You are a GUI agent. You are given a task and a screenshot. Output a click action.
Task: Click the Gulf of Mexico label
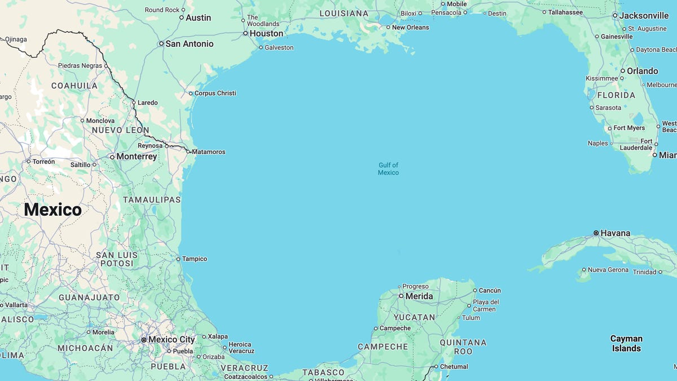[388, 169]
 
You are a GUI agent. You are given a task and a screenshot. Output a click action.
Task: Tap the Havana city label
[615, 233]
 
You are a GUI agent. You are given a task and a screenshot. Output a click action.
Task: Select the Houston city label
[266, 33]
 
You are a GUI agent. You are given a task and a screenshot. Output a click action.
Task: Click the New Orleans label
[410, 27]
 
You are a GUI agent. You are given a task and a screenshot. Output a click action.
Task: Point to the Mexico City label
[172, 340]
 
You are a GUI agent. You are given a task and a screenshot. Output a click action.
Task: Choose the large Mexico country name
[52, 210]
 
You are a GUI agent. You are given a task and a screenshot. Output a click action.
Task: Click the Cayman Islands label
[626, 343]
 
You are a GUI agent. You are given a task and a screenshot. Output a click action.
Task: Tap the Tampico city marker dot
[178, 259]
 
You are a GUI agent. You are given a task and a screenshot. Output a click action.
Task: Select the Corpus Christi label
[215, 93]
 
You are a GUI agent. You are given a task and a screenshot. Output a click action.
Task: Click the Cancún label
[490, 291]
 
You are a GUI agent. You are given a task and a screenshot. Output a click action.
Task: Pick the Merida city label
[419, 296]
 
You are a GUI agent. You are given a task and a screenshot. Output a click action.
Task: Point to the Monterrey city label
[137, 156]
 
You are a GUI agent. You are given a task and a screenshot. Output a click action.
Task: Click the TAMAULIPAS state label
[152, 200]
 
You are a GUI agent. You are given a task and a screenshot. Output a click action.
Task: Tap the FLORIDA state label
[616, 95]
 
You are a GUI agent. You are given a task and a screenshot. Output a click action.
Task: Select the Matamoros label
[208, 152]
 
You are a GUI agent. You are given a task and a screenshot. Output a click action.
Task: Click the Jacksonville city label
[644, 16]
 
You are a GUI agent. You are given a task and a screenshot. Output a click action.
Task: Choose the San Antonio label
[189, 43]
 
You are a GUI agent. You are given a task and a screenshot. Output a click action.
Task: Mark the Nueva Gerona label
[608, 270]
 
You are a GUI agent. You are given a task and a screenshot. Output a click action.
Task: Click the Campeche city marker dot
[376, 329]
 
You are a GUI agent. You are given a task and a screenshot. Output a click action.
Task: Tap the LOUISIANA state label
[344, 13]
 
